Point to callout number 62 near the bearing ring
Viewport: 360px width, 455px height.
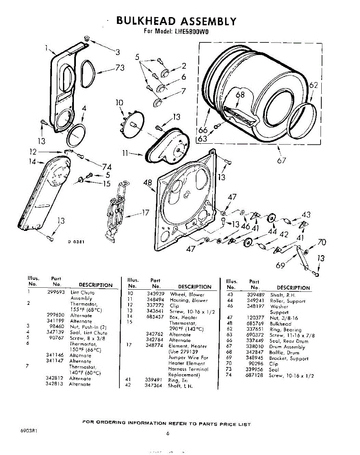click(x=313, y=86)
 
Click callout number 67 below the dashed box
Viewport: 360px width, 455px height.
click(x=281, y=160)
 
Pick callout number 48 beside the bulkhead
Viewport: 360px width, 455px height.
click(x=148, y=184)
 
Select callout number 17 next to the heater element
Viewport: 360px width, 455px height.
click(x=145, y=213)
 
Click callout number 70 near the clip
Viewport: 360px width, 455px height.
click(x=322, y=242)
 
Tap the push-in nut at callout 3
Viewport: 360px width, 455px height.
click(x=86, y=39)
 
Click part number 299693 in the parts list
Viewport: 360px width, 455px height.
click(x=57, y=293)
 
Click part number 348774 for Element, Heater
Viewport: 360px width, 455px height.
click(x=155, y=346)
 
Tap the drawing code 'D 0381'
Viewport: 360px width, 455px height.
click(x=76, y=242)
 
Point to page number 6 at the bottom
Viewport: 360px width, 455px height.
click(x=167, y=434)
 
